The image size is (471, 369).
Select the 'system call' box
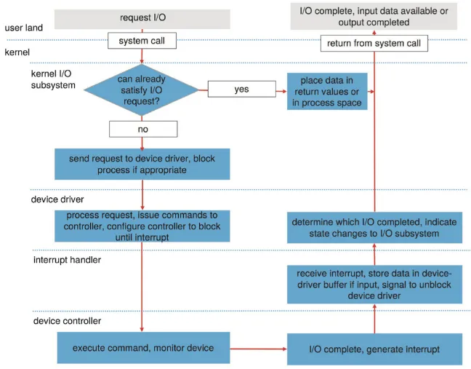[x=142, y=41]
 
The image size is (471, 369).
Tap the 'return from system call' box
[x=374, y=44]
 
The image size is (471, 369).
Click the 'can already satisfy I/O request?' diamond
[x=142, y=91]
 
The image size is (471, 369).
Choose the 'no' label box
[x=142, y=130]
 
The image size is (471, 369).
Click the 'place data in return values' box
[x=326, y=91]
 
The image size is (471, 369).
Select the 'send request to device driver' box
[x=142, y=164]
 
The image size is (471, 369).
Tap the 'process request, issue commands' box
[x=142, y=226]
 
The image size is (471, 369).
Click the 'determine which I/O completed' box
[x=375, y=228]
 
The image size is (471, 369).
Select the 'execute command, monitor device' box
[x=142, y=348]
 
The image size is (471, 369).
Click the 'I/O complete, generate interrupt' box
[x=375, y=349]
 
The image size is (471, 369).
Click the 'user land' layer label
[x=23, y=28]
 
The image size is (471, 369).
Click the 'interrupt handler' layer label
[x=67, y=260]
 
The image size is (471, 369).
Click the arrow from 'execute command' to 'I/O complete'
[x=259, y=349]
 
